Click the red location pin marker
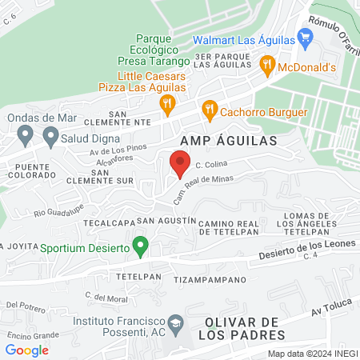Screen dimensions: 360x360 179,165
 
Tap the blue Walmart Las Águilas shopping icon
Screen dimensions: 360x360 304,37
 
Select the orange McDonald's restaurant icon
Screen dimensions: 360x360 268,66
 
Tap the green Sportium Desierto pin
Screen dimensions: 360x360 141,246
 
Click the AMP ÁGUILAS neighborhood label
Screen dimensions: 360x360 228,141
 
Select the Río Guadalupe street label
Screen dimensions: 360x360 58,211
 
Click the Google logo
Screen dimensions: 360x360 27,350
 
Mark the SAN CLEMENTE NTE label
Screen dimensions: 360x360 129,118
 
